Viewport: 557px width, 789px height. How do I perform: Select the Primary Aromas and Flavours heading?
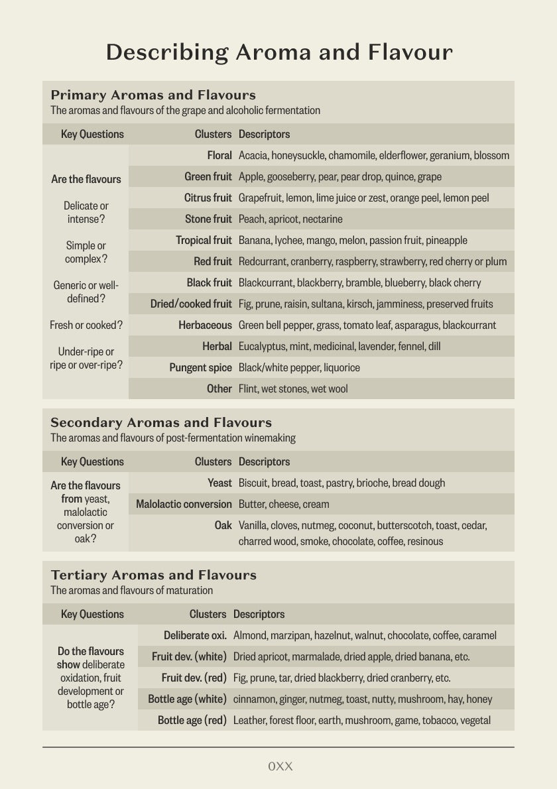click(153, 95)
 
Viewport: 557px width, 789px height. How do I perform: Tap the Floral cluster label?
click(219, 156)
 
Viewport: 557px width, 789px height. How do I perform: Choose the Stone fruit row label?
click(208, 219)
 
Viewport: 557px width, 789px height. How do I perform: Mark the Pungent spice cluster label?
click(200, 368)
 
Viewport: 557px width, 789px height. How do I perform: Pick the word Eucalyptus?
click(263, 347)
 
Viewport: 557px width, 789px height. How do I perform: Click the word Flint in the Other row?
click(249, 389)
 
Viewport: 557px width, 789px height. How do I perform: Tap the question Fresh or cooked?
click(86, 326)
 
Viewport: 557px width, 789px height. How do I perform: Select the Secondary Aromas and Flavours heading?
click(161, 422)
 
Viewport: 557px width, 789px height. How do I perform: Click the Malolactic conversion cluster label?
click(184, 505)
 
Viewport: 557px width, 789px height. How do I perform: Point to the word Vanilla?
click(254, 526)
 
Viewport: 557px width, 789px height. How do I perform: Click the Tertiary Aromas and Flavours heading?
click(153, 575)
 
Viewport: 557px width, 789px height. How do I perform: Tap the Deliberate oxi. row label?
click(195, 636)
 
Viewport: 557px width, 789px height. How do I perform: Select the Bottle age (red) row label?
click(192, 721)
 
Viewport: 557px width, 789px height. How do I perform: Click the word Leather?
click(249, 721)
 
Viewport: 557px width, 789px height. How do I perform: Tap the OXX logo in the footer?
click(280, 766)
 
